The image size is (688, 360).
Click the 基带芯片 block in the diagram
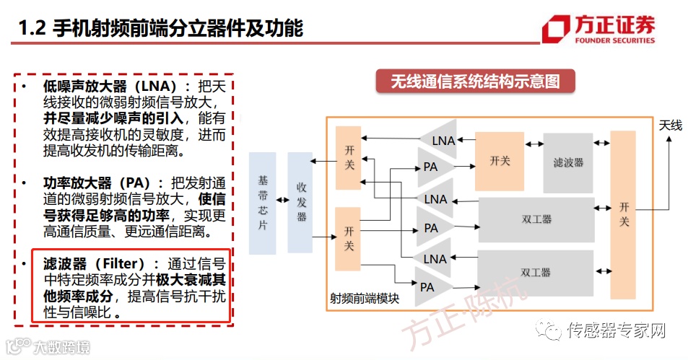tap(262, 203)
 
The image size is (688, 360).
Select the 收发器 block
tap(300, 203)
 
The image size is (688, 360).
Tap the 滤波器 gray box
tap(568, 161)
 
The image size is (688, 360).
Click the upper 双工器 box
tap(536, 219)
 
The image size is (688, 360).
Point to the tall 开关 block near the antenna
tap(623, 214)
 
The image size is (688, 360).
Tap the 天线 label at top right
tap(670, 126)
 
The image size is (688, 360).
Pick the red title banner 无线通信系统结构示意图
tap(475, 81)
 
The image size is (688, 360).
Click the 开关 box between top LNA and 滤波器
tap(499, 160)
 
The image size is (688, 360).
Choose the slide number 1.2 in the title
tap(32, 28)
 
